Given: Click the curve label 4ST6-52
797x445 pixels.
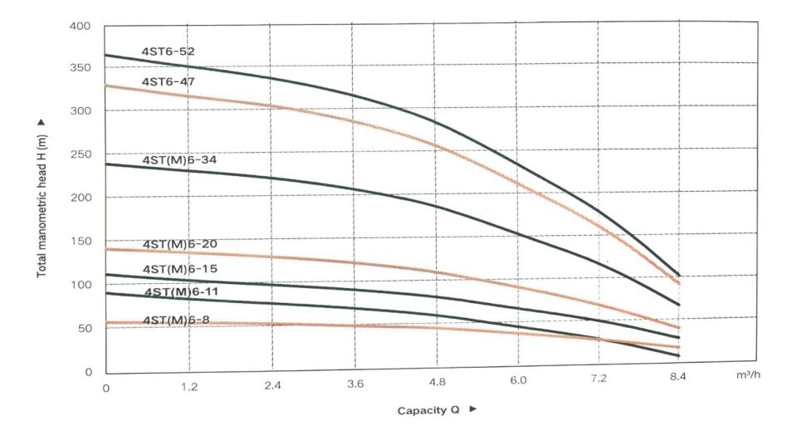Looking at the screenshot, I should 169,51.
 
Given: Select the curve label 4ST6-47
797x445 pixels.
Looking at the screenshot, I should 169,81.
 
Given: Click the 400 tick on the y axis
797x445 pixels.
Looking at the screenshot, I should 81,26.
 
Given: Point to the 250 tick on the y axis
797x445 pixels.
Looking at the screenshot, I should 81,154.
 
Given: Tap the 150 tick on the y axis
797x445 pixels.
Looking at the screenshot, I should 81,242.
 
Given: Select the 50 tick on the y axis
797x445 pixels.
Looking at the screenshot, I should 84,329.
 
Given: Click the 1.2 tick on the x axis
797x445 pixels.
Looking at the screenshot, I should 189,387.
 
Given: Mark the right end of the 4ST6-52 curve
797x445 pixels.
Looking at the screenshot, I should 679,275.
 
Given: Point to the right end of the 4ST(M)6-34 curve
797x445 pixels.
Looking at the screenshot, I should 679,305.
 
